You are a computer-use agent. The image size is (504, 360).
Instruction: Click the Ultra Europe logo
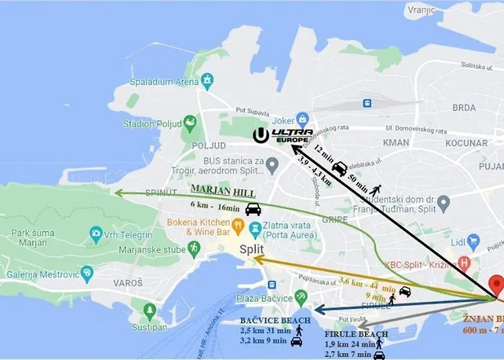(284, 135)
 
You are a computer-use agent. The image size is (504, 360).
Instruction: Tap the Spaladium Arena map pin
(207, 79)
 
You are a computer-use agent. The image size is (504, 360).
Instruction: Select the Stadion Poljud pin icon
(189, 123)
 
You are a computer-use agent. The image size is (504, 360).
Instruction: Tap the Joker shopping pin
(302, 119)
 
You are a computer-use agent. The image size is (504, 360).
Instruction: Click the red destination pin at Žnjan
(496, 285)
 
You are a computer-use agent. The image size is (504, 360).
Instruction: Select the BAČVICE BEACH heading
(276, 320)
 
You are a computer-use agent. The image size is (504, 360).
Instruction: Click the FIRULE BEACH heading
(356, 334)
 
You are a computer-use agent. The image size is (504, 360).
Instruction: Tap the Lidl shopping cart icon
(473, 241)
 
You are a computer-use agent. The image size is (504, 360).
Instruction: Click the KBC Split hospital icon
(464, 264)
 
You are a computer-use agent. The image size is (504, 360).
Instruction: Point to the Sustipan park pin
(150, 310)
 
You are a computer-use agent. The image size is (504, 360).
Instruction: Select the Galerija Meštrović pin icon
(87, 274)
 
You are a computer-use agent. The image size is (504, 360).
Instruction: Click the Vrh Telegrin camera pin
(96, 233)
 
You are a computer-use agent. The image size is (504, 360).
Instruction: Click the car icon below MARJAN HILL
(253, 209)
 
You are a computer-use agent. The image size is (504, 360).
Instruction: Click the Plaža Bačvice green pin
(301, 297)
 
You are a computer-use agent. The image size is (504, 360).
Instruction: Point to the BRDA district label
(464, 107)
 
